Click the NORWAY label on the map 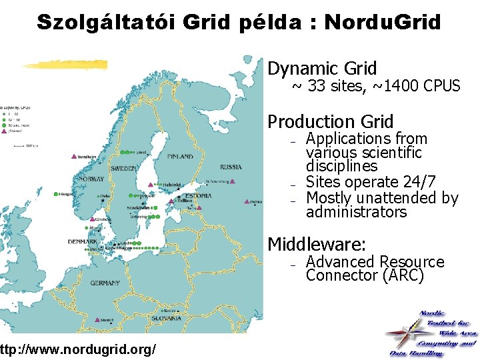pos(91,179)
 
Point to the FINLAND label pos(180,157)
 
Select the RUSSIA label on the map pos(231,167)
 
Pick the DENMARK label pos(83,241)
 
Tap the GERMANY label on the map pos(105,283)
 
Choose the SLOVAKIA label pos(167,318)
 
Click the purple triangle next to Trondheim pos(74,157)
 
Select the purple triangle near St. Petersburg pos(231,181)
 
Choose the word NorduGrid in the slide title pos(382,22)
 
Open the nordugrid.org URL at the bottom pos(79,349)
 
